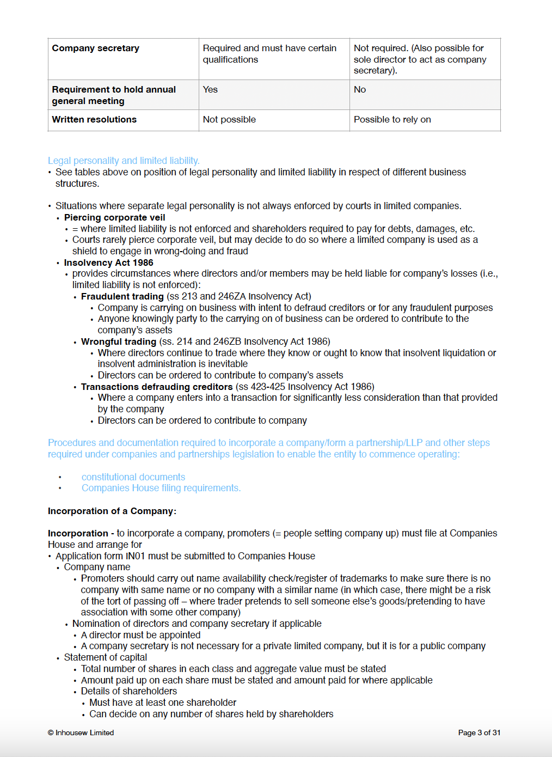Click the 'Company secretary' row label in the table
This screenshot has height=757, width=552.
click(95, 48)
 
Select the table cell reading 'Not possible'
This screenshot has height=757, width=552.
click(229, 120)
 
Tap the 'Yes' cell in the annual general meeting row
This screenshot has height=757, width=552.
click(210, 90)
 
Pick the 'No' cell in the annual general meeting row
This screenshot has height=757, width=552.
click(360, 90)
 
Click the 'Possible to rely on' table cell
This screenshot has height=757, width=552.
click(392, 120)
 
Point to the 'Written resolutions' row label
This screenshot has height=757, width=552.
click(94, 120)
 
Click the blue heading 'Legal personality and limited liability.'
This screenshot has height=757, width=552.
click(124, 161)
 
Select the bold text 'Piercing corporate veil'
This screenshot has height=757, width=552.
click(114, 218)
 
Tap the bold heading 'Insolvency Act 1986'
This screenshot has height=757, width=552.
click(108, 263)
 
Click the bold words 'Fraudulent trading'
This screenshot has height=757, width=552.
click(122, 297)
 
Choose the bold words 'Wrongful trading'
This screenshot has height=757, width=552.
click(118, 342)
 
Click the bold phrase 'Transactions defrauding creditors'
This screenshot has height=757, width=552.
click(157, 387)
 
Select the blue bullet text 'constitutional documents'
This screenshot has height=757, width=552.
click(133, 477)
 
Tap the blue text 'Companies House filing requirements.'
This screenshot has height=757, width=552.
click(161, 489)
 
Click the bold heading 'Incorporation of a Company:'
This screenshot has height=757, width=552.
click(112, 511)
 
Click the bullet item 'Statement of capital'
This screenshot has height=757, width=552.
click(106, 658)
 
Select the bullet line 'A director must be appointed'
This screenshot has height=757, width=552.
click(140, 635)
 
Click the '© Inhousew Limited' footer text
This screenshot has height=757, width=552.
click(81, 733)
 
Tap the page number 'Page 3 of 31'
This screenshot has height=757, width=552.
click(479, 733)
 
